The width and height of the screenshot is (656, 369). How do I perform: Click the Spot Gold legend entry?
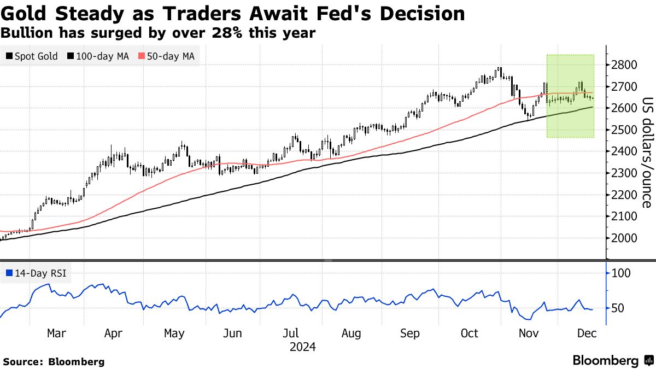[x=32, y=56]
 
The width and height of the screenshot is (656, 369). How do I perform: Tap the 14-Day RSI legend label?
[x=36, y=273]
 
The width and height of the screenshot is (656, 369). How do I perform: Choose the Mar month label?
[x=56, y=333]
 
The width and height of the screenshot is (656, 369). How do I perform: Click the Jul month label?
[x=291, y=333]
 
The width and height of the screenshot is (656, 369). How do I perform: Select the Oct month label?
[x=470, y=333]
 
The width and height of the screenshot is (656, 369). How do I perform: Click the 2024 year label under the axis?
[x=303, y=347]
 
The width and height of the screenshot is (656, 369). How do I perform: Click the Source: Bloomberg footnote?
[x=54, y=361]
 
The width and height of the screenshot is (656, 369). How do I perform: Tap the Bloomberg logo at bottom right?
[x=612, y=360]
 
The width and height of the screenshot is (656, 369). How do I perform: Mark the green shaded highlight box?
[x=570, y=96]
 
